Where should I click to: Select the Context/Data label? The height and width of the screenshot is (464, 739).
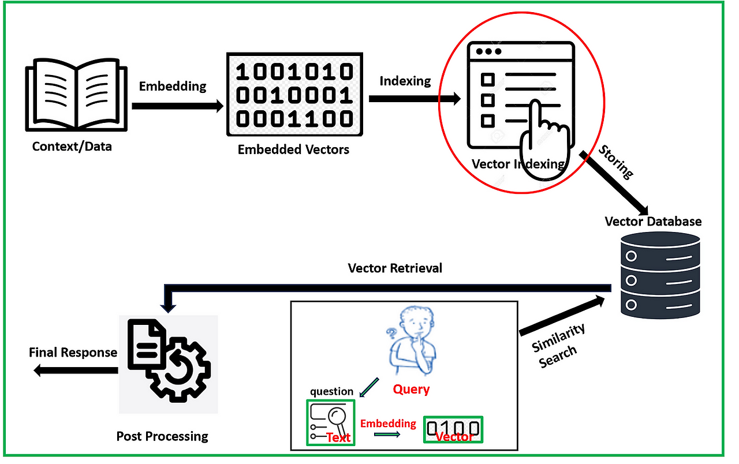click(72, 147)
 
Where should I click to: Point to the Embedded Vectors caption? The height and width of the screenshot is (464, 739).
click(293, 149)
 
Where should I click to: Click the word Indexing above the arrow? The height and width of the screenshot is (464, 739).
click(405, 81)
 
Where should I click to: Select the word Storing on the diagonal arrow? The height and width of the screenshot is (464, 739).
click(616, 162)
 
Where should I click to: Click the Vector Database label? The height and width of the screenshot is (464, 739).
click(653, 222)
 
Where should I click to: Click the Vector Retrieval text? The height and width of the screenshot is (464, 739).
click(395, 268)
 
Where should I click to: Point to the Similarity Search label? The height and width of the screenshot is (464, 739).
click(557, 345)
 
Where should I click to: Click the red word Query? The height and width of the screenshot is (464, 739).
click(411, 389)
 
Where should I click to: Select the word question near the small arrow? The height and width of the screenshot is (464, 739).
click(331, 392)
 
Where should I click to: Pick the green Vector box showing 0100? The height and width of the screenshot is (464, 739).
click(454, 429)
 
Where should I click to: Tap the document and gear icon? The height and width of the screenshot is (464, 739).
click(169, 364)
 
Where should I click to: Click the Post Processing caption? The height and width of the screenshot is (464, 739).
click(162, 436)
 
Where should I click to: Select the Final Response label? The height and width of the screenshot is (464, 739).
click(73, 353)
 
